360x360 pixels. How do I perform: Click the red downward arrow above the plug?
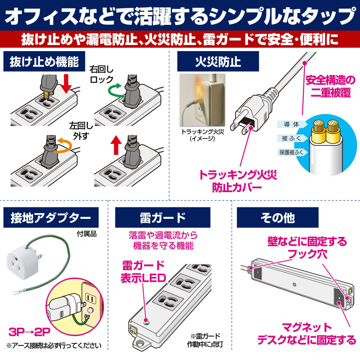(x=66, y=84)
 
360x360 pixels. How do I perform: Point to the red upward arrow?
(x=116, y=145)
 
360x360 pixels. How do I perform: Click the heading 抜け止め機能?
(x=44, y=62)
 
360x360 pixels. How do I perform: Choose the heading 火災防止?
(x=218, y=62)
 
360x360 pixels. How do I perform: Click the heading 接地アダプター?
(x=51, y=218)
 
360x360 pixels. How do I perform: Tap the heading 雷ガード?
(x=163, y=218)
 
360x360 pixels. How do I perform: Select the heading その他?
(x=278, y=218)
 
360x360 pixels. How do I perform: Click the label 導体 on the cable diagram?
(x=291, y=125)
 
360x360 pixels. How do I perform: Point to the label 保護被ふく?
(x=291, y=152)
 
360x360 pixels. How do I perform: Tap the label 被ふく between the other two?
(x=291, y=138)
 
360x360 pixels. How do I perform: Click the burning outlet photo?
(x=202, y=100)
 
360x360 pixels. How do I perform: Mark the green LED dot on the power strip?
(x=145, y=320)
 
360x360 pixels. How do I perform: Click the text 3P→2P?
(x=30, y=332)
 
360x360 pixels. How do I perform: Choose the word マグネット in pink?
(x=306, y=327)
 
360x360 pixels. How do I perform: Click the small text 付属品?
(x=86, y=234)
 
